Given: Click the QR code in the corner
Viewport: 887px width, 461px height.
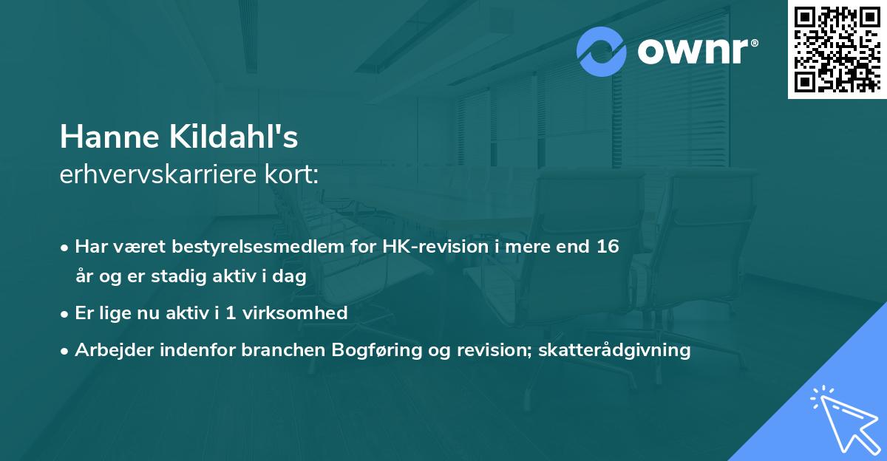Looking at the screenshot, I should [837, 49].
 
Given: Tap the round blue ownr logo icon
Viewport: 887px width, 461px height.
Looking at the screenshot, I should [602, 52].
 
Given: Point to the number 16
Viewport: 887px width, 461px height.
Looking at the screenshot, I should [608, 247].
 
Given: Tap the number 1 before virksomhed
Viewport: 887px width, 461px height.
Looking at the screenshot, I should [230, 313].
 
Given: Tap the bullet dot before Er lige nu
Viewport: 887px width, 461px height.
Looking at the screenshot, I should [65, 313].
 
